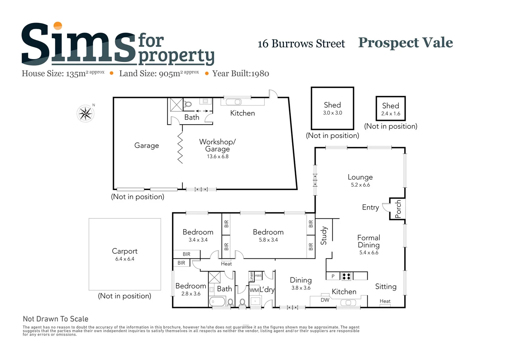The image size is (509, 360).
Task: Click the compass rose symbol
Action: coord(85,114)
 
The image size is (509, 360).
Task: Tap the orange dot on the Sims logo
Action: coord(58,26)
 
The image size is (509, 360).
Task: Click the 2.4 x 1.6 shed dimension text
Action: coord(391,114)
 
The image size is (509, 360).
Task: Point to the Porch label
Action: coord(398,209)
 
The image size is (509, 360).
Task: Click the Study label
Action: coord(324,236)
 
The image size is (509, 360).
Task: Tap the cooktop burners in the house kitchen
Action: coord(346,276)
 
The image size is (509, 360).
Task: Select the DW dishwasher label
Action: coord(325,300)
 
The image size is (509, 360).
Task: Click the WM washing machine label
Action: coord(254,290)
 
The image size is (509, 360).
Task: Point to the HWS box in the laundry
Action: coord(258,276)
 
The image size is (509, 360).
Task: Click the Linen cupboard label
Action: coord(251,276)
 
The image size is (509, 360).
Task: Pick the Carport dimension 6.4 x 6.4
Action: coord(125,259)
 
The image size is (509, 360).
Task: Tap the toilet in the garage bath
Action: coord(188,104)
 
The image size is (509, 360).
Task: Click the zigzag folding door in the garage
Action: coord(180,148)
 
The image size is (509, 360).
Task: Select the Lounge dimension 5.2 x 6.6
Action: coord(360,185)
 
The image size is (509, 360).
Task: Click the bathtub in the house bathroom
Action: coord(217,302)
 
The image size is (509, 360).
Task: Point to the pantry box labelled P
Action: coord(333,276)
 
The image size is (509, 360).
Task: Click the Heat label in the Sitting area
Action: coord(385,301)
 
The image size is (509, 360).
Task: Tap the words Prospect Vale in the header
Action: coord(405,43)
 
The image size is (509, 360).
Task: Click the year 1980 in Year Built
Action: coord(260,74)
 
